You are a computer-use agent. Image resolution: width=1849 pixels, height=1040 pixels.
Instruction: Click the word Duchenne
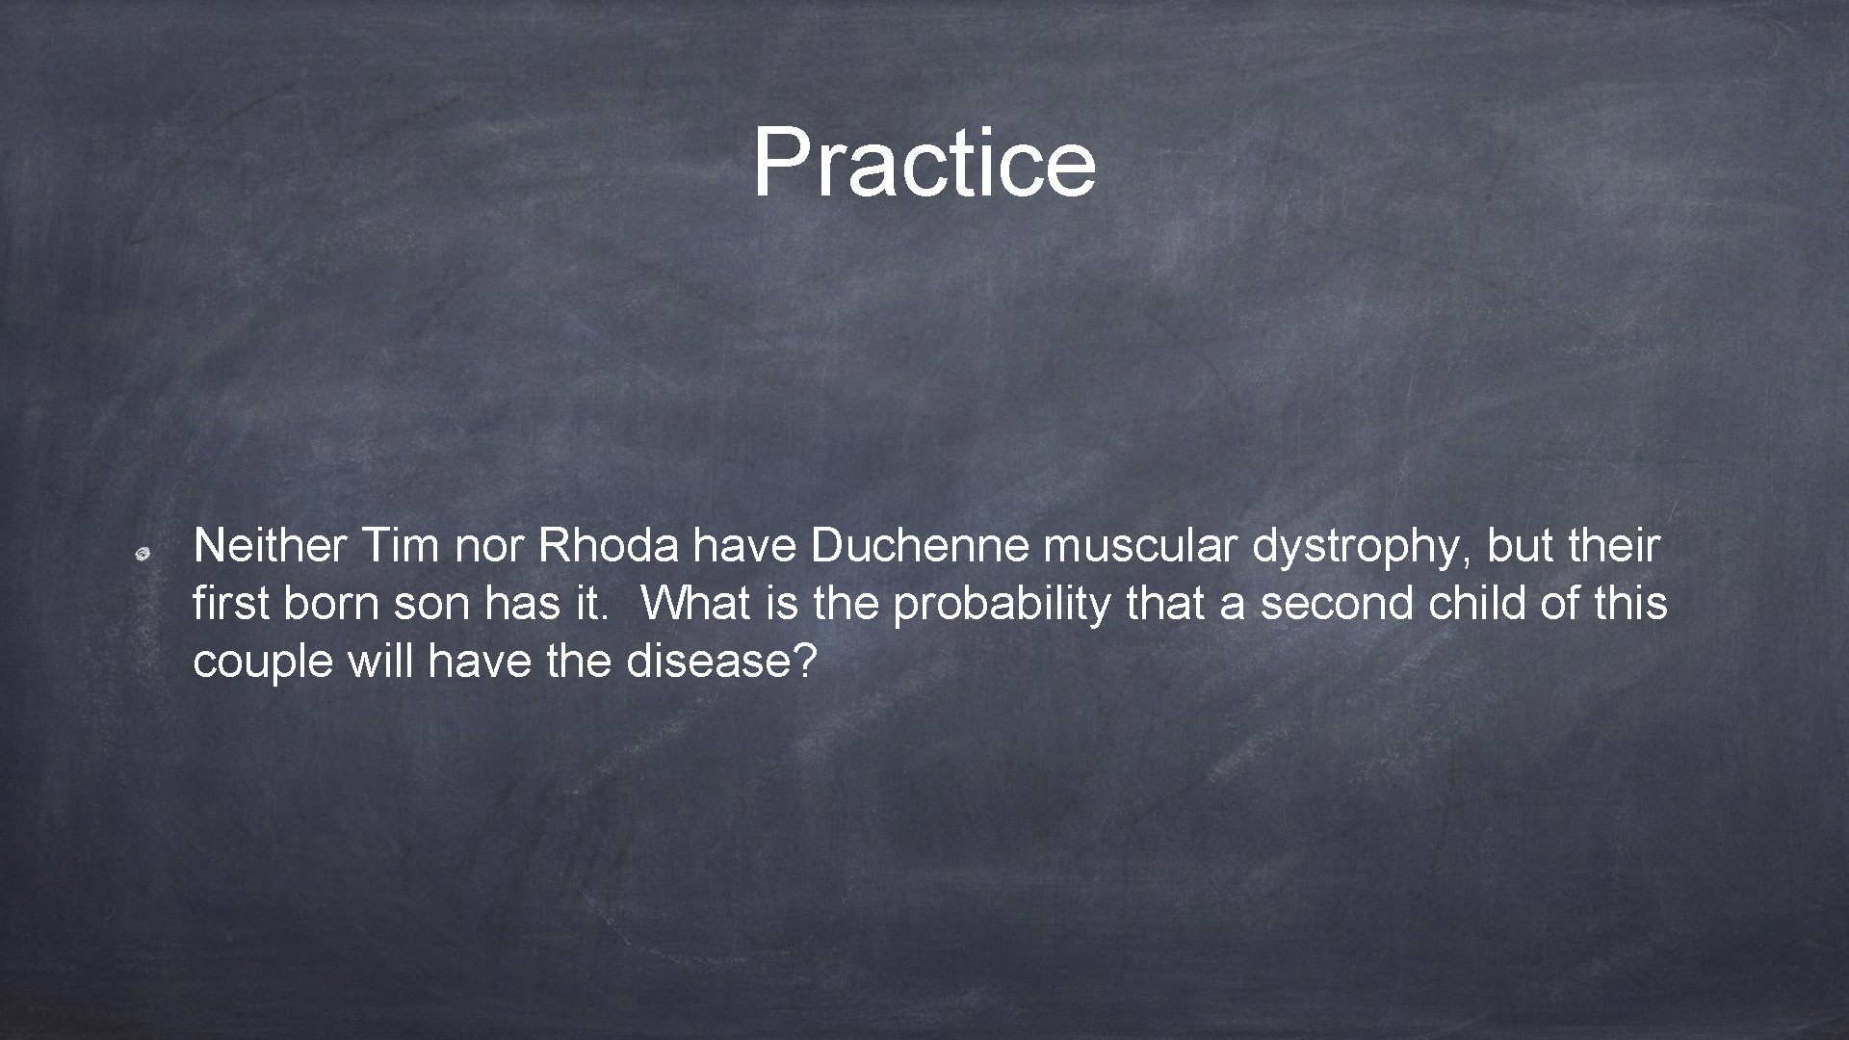coord(919,547)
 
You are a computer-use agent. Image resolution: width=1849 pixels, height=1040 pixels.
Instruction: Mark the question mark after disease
coord(807,662)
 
